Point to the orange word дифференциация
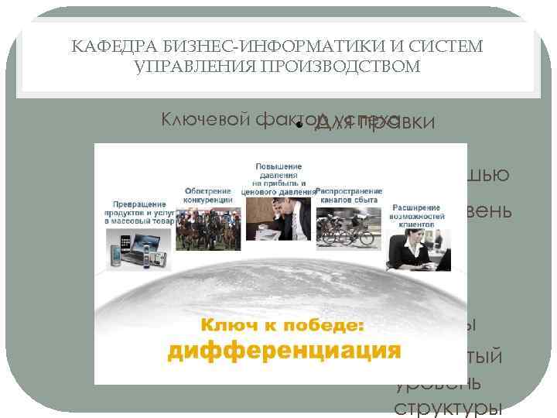(284, 350)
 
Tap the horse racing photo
(208, 225)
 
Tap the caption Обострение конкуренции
(208, 194)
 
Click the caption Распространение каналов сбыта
(349, 194)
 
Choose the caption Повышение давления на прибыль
(280, 176)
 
